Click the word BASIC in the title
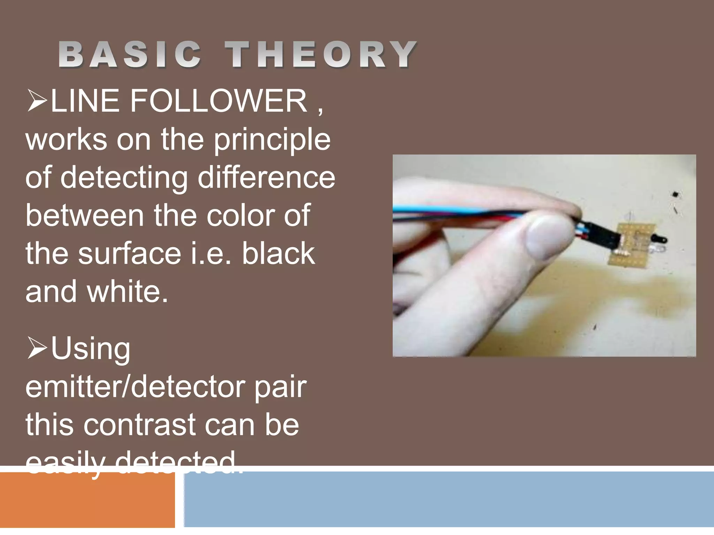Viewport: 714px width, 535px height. pos(130,54)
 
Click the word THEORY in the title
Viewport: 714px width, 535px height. pos(321,54)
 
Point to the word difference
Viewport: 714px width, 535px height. pos(266,178)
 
